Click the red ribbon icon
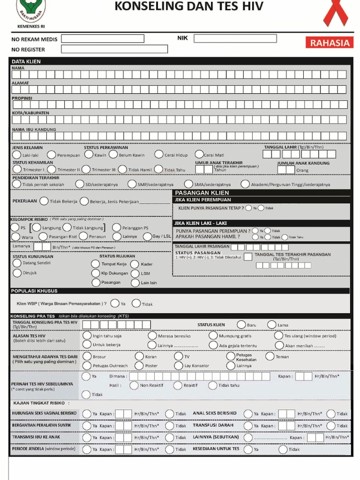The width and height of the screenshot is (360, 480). [336, 13]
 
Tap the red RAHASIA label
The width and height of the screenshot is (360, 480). [330, 43]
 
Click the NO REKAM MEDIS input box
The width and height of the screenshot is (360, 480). [102, 38]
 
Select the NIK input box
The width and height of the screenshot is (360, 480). [235, 38]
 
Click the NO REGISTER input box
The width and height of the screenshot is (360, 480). [114, 49]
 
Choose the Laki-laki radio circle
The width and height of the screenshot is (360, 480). [17, 155]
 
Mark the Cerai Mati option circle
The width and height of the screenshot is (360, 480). [199, 154]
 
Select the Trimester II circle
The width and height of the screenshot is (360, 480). [52, 169]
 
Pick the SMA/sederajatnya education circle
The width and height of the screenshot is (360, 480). [188, 184]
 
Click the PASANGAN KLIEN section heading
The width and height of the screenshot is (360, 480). [202, 193]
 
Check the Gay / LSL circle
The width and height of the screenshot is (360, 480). [147, 237]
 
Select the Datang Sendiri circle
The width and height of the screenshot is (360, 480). [17, 263]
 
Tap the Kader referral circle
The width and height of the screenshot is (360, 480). [135, 264]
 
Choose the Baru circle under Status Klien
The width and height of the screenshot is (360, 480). [241, 324]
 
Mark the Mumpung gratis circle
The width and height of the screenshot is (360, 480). [213, 336]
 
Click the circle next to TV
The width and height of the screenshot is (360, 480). [178, 356]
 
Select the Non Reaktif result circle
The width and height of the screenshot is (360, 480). [134, 385]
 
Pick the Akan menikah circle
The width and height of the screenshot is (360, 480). [279, 345]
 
